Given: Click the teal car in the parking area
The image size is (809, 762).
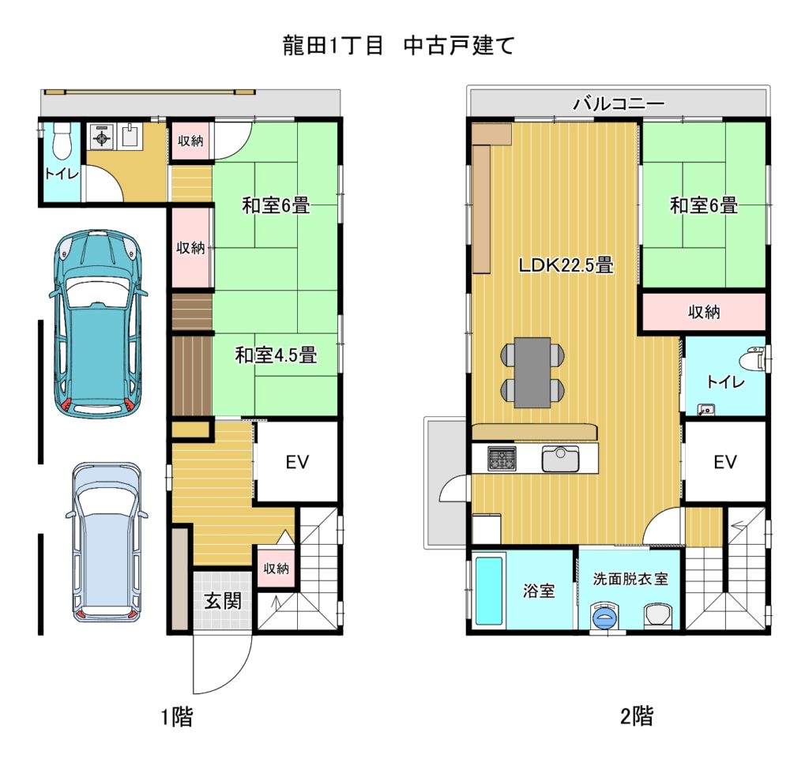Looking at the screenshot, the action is (x=98, y=324).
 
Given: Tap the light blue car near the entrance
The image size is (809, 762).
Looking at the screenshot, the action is (x=107, y=542).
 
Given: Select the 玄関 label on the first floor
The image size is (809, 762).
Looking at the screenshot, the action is (x=223, y=601).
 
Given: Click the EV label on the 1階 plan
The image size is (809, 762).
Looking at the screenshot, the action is (x=298, y=462).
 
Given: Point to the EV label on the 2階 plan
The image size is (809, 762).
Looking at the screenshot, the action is (x=725, y=462).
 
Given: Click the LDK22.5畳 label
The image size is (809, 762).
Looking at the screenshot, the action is (x=566, y=265).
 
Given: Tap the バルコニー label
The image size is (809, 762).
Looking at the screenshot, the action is (x=619, y=104).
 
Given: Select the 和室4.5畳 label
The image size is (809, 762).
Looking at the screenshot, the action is (x=276, y=355).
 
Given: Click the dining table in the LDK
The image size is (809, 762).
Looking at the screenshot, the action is (x=532, y=371).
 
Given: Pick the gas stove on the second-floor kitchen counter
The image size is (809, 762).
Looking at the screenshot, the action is (x=502, y=459).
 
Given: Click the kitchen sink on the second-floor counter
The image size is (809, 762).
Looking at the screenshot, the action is (x=560, y=458).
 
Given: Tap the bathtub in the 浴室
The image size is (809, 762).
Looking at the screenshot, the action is (x=489, y=591).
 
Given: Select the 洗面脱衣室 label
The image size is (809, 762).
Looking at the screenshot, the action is (x=630, y=579).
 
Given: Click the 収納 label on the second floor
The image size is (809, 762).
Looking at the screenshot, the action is (x=704, y=311).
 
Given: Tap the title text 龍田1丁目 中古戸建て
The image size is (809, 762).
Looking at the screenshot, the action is (x=398, y=45).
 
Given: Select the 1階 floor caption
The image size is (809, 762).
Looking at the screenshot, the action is (x=177, y=716).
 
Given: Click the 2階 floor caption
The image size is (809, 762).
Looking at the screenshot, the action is (x=637, y=715).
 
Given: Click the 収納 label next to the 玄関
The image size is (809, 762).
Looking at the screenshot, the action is (x=276, y=569).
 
